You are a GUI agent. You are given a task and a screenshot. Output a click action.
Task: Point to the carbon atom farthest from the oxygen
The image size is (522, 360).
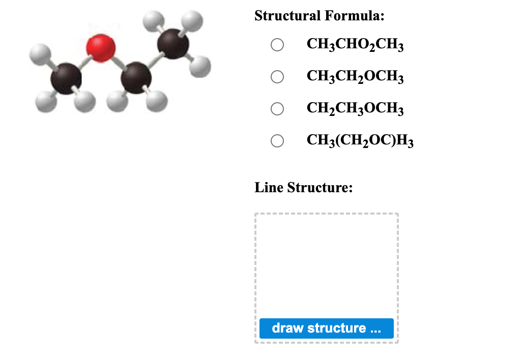(173, 43)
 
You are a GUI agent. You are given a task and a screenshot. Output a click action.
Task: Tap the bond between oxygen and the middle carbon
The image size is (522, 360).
(119, 62)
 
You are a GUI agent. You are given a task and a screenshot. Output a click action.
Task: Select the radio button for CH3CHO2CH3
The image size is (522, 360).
(277, 45)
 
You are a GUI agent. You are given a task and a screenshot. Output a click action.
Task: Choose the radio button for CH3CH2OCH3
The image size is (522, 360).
(277, 77)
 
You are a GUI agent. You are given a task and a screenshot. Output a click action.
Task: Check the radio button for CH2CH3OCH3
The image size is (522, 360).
(277, 109)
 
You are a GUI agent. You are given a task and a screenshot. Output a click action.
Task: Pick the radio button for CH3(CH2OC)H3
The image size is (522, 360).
(277, 141)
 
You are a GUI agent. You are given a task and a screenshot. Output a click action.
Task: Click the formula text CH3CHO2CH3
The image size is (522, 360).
(355, 45)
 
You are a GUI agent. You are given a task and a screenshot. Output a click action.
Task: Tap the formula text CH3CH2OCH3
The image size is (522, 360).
(355, 77)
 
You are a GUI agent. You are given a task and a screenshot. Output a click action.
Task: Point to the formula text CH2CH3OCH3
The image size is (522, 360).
(355, 109)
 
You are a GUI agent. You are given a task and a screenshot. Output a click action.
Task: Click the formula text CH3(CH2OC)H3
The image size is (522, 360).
(360, 141)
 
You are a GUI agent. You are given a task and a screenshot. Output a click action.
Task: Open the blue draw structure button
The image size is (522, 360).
(326, 328)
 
